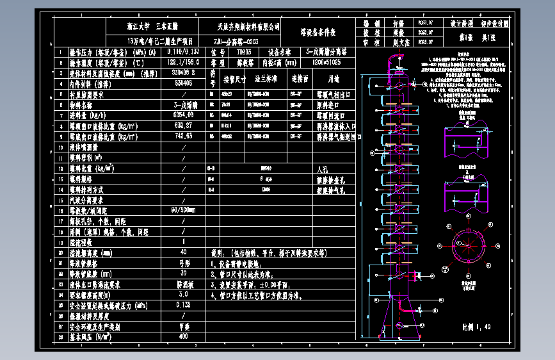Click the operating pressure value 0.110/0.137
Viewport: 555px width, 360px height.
coord(183,52)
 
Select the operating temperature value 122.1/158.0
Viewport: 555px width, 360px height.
coord(183,63)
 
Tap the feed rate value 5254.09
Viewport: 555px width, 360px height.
coord(183,115)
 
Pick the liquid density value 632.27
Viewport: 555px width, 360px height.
coord(183,126)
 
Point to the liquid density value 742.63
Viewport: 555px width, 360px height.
coord(183,136)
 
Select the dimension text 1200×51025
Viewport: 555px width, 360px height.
coord(326,63)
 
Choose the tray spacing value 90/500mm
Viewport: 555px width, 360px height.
coord(183,209)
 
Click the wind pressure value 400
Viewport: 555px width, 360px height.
coord(183,336)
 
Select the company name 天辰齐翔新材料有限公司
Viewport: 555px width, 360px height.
coord(248,26)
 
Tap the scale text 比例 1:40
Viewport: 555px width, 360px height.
coord(476,326)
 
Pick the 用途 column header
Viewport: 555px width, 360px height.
coord(332,79)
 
